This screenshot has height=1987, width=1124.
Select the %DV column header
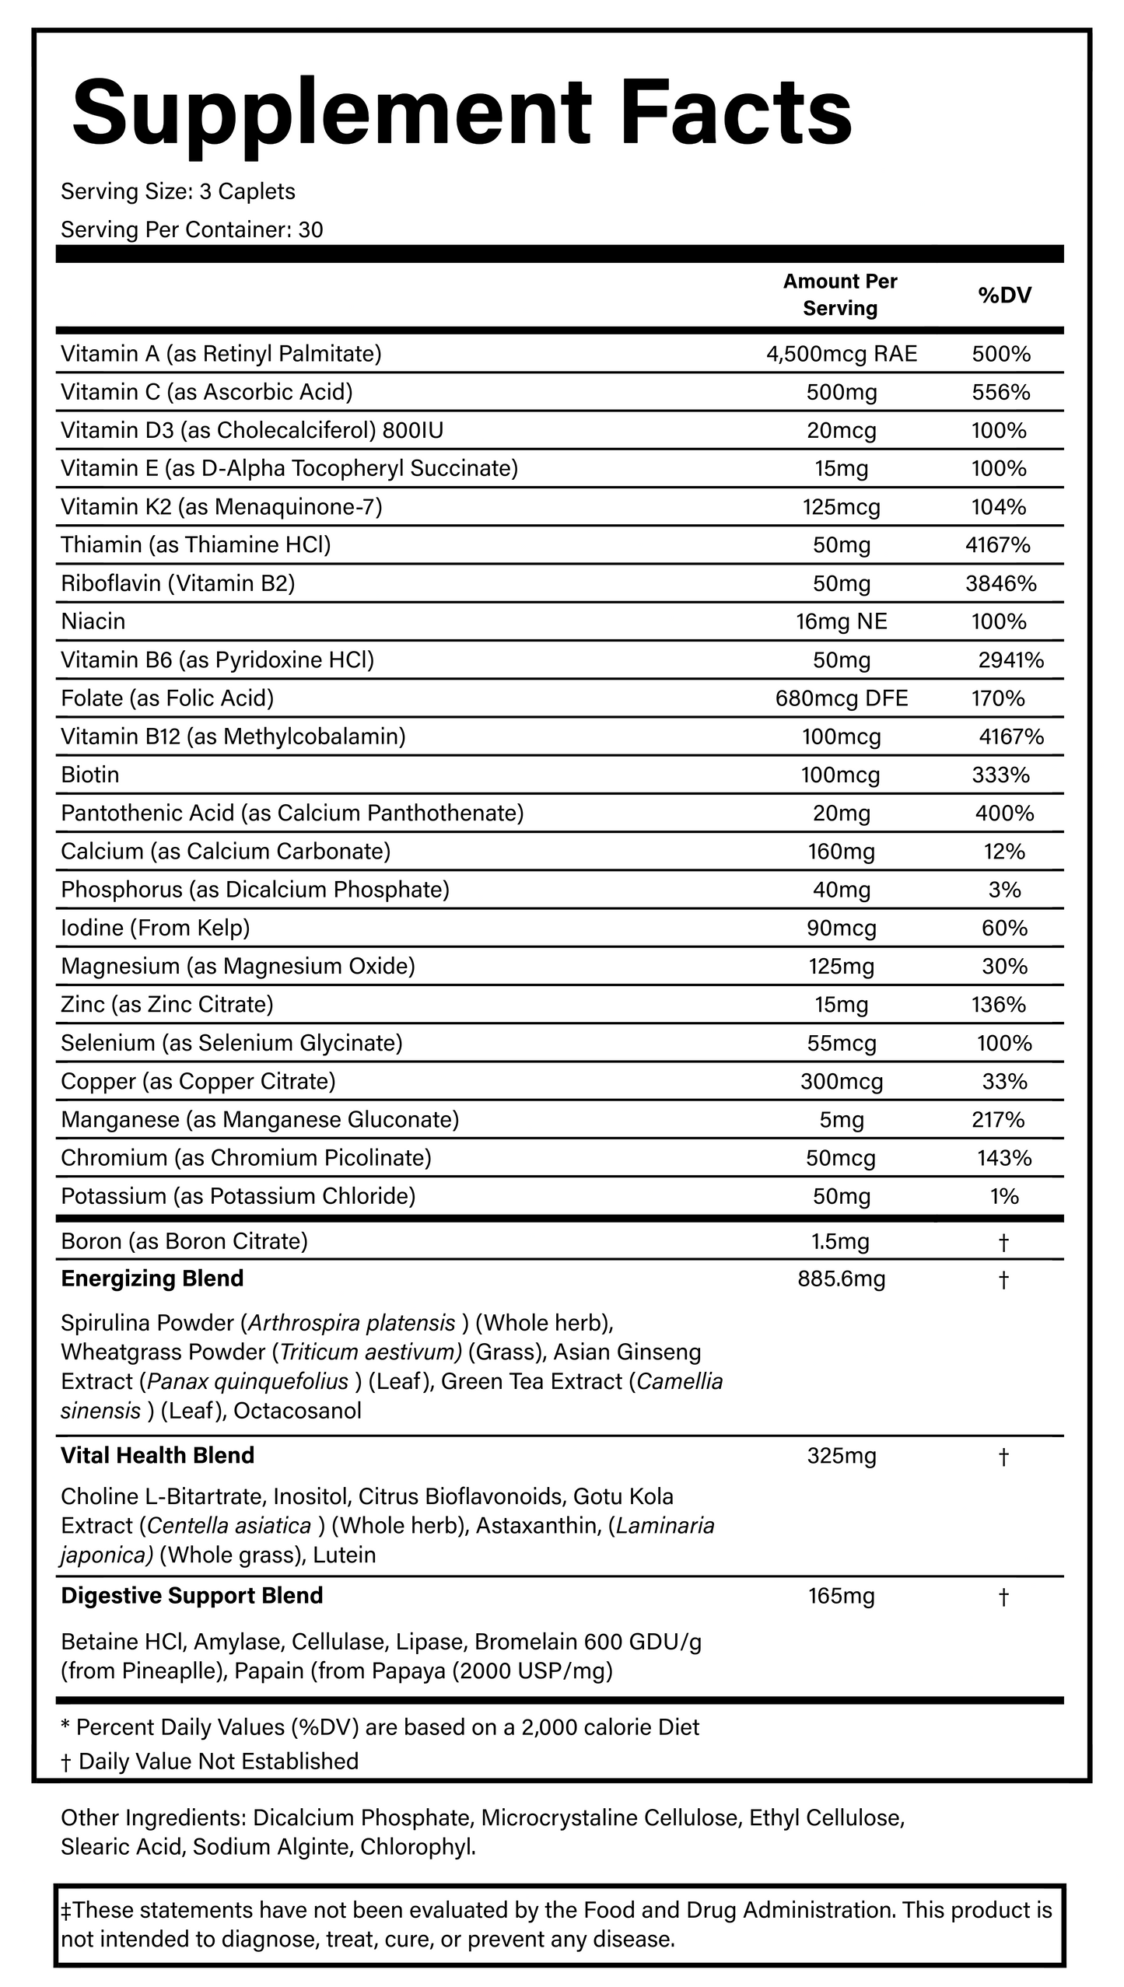coord(1004,295)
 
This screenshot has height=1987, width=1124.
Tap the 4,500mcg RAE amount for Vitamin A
coord(842,355)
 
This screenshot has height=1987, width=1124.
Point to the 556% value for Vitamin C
coord(1001,393)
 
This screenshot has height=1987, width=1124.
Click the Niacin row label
coord(93,621)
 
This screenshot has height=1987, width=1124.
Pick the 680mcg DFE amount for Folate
coord(842,698)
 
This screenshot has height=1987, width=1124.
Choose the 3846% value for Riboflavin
coord(1001,583)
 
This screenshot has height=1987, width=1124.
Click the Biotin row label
coord(90,775)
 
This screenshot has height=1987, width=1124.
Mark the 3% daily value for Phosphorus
coord(1004,890)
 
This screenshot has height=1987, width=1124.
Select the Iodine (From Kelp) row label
coord(156,928)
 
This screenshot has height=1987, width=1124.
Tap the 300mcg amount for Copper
coord(842,1082)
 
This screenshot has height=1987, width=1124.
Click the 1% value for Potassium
coord(1004,1196)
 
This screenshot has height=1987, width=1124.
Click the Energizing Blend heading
coord(152,1279)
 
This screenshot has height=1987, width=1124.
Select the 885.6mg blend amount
coord(842,1279)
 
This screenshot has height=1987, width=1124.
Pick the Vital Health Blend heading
coord(158,1456)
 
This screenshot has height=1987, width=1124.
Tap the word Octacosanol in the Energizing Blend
coord(297,1411)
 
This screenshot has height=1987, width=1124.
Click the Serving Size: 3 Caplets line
coord(178,192)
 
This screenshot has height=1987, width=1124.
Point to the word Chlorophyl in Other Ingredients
coord(418,1847)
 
